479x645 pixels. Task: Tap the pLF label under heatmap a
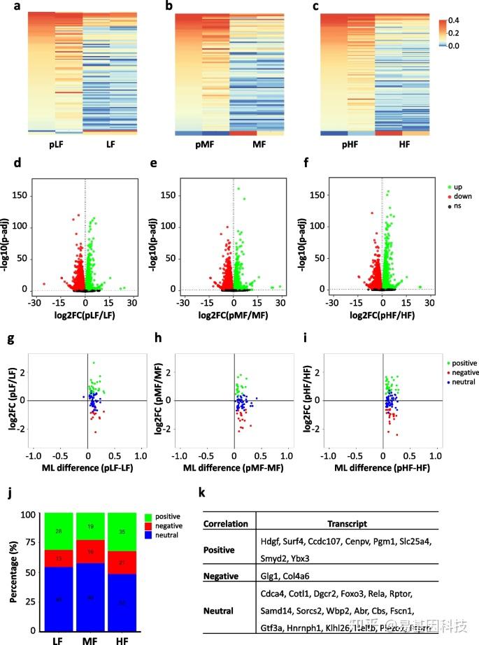click(x=58, y=144)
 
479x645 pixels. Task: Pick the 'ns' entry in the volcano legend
click(x=455, y=207)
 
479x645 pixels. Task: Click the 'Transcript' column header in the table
click(x=347, y=524)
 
